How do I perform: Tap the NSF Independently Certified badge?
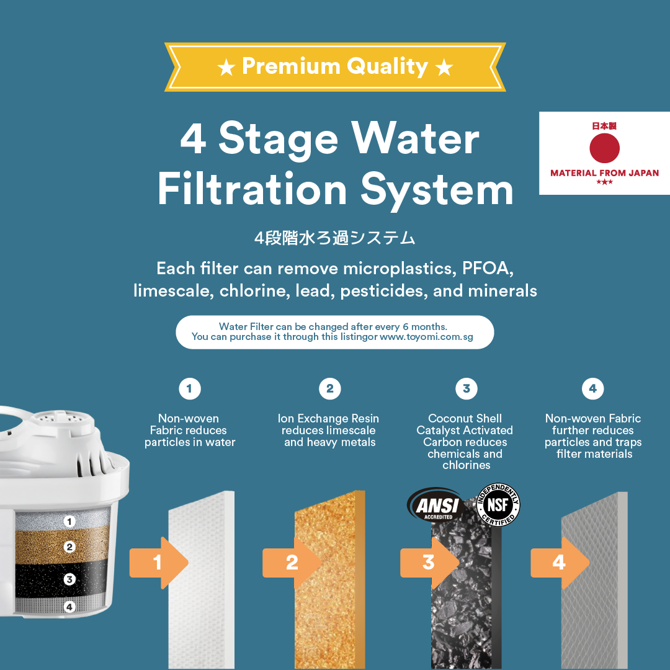pos(498,504)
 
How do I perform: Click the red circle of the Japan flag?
pos(604,148)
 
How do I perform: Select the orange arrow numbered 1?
pos(159,563)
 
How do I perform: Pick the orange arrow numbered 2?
pos(292,563)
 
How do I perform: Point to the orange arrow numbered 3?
pos(429,563)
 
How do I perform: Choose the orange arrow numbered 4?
pos(560,563)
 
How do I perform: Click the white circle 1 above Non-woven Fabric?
pos(190,389)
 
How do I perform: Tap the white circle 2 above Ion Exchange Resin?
pos(330,389)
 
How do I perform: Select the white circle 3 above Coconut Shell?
pos(467,389)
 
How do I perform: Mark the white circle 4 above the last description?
pos(592,389)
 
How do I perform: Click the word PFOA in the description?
pos(488,269)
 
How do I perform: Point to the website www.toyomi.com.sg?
pos(426,337)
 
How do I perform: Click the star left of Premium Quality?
pos(226,68)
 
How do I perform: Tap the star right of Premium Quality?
pos(444,68)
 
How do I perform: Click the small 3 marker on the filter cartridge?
pos(69,579)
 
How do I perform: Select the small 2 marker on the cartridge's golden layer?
pos(69,547)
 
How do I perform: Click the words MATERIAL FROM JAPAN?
pos(604,173)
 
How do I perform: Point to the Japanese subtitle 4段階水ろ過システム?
pos(334,238)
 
